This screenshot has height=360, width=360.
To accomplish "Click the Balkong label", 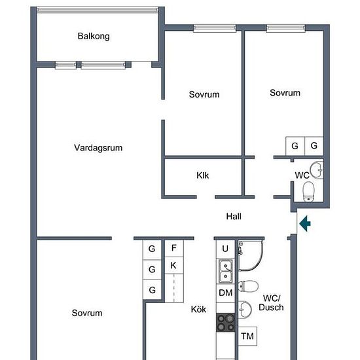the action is (94, 36).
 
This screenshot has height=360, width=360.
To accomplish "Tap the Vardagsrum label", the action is (98, 148).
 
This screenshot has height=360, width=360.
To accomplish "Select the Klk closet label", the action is (202, 175).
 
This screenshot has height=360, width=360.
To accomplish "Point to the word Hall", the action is (234, 216).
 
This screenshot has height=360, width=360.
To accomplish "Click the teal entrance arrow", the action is (305, 223).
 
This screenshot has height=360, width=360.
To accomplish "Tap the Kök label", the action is (198, 309).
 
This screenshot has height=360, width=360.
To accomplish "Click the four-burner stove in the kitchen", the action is (226, 323).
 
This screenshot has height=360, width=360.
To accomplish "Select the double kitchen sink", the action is (225, 272).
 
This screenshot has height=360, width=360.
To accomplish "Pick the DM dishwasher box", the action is (225, 293).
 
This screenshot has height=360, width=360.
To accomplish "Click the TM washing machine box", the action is (247, 336).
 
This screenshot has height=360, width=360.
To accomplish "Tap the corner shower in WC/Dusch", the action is (250, 255).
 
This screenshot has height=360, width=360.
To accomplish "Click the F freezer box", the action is (174, 248).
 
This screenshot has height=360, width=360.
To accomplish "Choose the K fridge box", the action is (174, 265).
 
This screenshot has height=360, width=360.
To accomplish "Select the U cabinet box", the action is (225, 249).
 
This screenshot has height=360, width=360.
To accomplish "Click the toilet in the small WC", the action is (308, 192).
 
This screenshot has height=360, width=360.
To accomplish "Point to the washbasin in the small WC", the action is (317, 170).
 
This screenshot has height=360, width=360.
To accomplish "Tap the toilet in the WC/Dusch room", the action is (248, 286).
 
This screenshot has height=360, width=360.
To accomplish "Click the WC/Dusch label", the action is (271, 303).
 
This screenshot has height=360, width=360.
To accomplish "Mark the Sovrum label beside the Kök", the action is (87, 313).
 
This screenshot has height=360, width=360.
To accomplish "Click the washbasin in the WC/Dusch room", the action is (245, 310).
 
